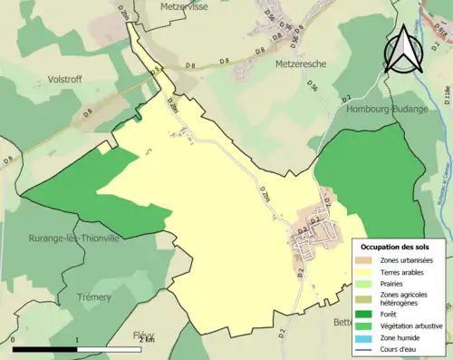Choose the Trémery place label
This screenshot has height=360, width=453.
coord(94,297)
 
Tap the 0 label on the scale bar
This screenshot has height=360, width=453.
coord(14,340)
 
